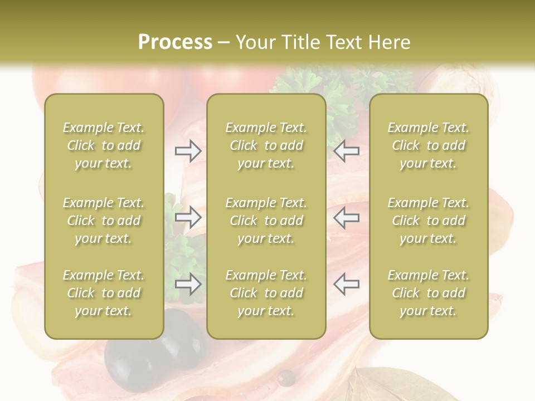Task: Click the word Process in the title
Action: [x=175, y=42]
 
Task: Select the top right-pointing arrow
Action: [x=188, y=151]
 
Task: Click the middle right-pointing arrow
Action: [x=188, y=217]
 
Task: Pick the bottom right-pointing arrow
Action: [x=188, y=284]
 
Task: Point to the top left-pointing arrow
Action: [x=346, y=151]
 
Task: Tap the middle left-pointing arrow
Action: [x=346, y=217]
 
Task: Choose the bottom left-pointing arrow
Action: [x=346, y=284]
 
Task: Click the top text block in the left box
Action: [x=104, y=145]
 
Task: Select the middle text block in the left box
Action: [x=104, y=221]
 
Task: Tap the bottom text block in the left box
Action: [x=104, y=293]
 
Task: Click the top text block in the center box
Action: [x=266, y=145]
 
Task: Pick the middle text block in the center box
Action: [x=266, y=221]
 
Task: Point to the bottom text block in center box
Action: [x=266, y=293]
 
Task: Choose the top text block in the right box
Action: [x=428, y=145]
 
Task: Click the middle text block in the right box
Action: [x=428, y=221]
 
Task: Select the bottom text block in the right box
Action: [x=428, y=293]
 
